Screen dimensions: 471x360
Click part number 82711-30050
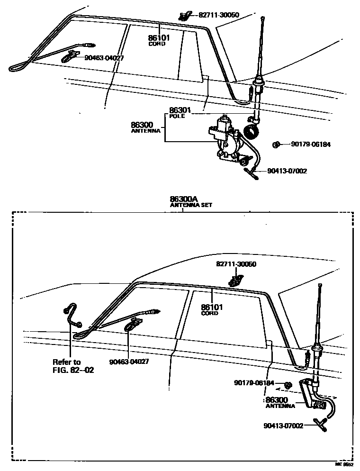coord(218,15)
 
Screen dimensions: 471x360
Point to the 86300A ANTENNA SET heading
coord(191,202)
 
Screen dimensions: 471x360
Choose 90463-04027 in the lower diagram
coord(129,362)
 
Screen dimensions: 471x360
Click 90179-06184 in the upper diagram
coord(311,145)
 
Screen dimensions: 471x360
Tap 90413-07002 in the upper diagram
coord(287,171)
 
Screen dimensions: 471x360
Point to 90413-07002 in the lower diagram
coord(283,426)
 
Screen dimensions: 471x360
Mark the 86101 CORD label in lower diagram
coord(209,309)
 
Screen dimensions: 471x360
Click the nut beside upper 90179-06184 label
coord(276,145)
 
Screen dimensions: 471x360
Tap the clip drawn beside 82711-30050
coord(183,16)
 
